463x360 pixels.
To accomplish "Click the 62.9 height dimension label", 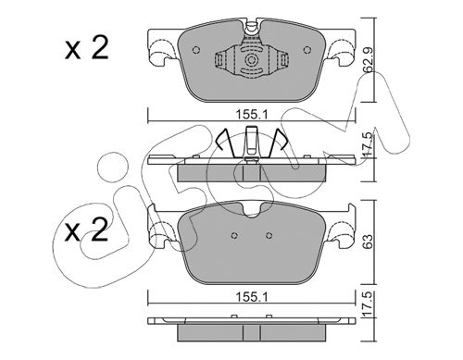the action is tap(369, 60).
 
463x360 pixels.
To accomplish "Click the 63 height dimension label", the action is tap(369, 242).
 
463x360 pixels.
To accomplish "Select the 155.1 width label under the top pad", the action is tap(252, 115).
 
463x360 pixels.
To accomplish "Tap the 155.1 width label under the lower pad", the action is tap(252, 297).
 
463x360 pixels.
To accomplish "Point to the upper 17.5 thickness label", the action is tap(369, 145).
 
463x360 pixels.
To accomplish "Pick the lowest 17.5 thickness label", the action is tap(369, 304).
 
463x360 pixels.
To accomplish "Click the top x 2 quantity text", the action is tap(87, 48).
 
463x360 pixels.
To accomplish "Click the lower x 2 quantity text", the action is tap(87, 230).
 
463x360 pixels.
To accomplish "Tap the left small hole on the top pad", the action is tap(196, 50).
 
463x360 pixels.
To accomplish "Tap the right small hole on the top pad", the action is tap(307, 50).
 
